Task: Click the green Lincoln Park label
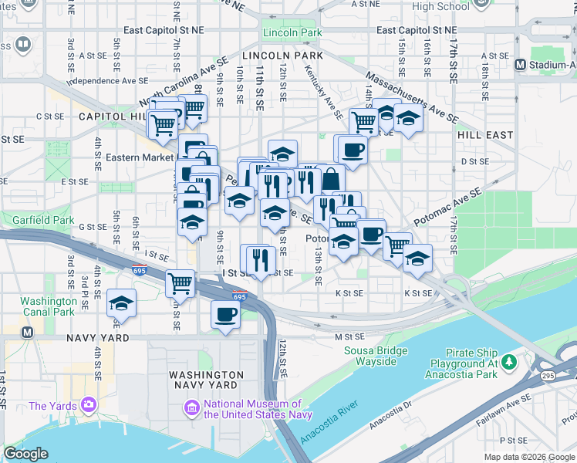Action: (292, 33)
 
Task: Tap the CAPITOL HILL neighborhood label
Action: (113, 116)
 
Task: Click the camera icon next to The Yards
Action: (89, 404)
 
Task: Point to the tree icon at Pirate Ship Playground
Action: (509, 361)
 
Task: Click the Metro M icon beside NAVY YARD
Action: (28, 333)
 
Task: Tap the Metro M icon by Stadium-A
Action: (521, 65)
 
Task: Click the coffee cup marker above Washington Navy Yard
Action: (226, 315)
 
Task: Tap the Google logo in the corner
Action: (25, 453)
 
